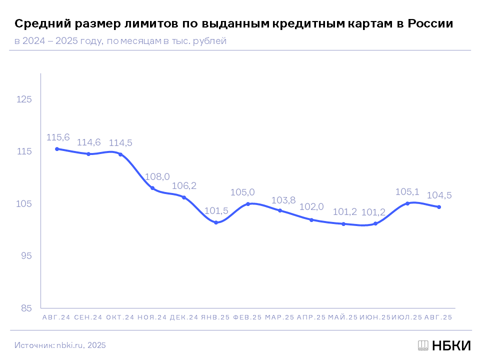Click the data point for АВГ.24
pyautogui.click(x=57, y=149)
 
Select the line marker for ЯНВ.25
pyautogui.click(x=216, y=222)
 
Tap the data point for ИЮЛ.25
pyautogui.click(x=407, y=203)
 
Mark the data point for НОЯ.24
pyautogui.click(x=152, y=188)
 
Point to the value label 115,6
pyautogui.click(x=58, y=137)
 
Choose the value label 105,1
pyautogui.click(x=407, y=191)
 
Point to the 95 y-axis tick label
pyautogui.click(x=26, y=256)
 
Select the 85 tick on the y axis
pyautogui.click(x=26, y=308)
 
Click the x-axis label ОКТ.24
pyautogui.click(x=120, y=317)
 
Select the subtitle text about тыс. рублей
pyautogui.click(x=120, y=41)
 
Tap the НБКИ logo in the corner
pyautogui.click(x=444, y=345)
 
